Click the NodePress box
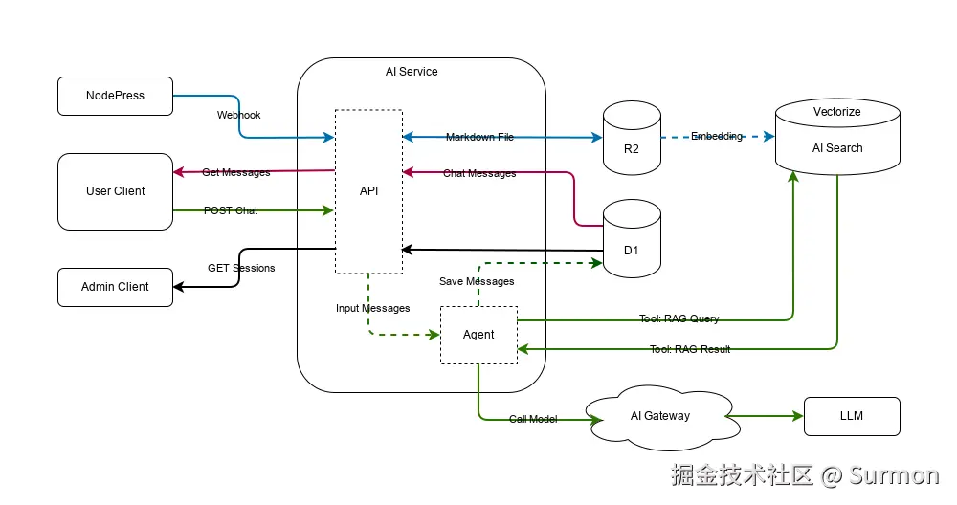(115, 96)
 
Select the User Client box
(115, 191)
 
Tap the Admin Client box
(115, 287)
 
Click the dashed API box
(368, 191)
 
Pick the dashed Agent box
(478, 335)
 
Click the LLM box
(852, 416)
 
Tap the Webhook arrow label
(238, 115)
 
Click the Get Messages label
(235, 172)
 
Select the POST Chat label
(231, 210)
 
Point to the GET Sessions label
(241, 268)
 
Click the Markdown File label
(479, 137)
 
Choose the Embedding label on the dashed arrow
(716, 136)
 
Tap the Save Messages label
(477, 281)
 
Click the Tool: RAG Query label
(679, 318)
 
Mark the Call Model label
(533, 419)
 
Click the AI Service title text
(412, 72)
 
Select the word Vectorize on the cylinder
(836, 112)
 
